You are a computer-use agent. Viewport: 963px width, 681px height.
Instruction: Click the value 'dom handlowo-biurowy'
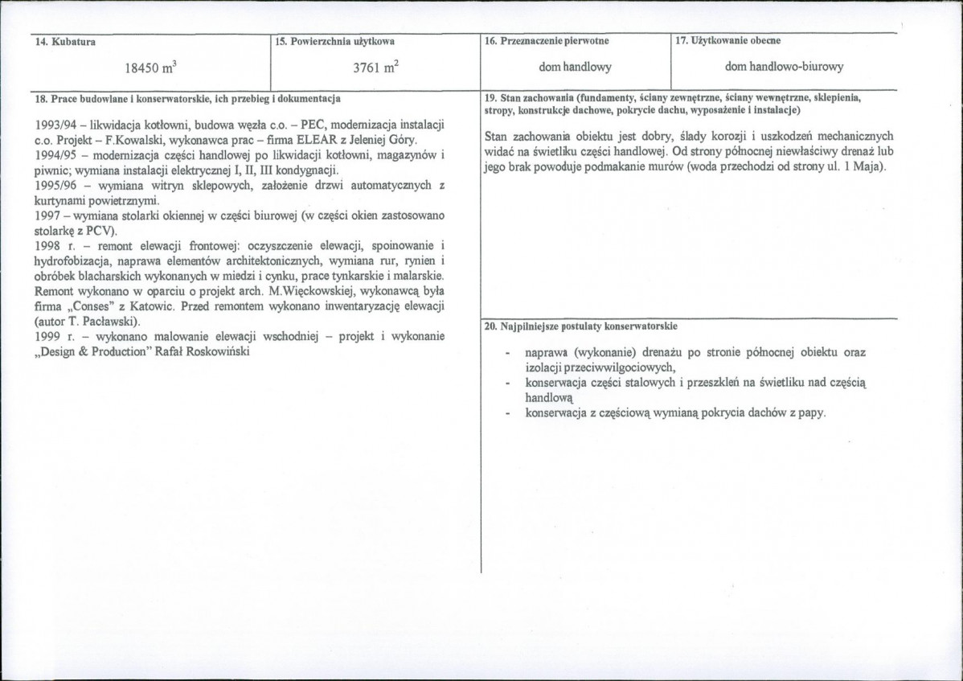click(784, 68)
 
